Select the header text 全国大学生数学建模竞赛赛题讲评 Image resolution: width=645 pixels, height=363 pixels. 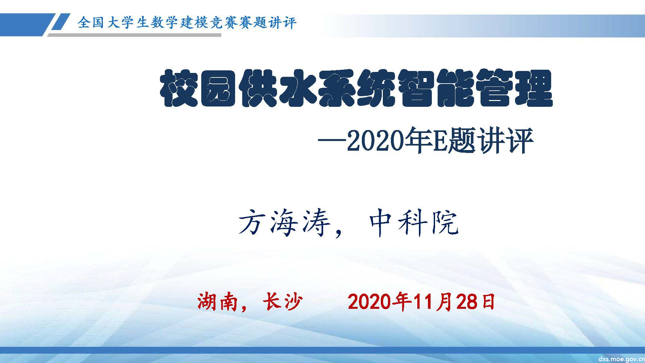click(187, 23)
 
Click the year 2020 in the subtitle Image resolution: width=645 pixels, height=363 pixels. click(375, 141)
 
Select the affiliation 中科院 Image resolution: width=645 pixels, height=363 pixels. click(413, 223)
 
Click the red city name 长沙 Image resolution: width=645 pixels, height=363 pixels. click(283, 302)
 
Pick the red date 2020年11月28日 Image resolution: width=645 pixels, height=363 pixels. click(421, 302)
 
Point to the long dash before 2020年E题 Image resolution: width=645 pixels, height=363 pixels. click(332, 141)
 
